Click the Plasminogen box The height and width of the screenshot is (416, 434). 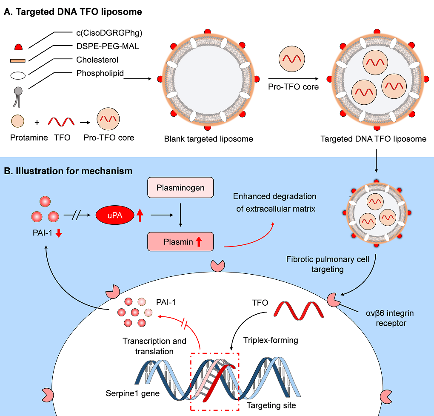[180, 187]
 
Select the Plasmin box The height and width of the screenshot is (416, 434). [180, 241]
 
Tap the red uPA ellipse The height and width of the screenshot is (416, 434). [115, 215]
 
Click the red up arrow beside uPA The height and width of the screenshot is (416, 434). [140, 215]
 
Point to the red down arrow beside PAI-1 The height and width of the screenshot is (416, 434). [59, 233]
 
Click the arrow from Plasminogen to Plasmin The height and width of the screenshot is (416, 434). [180, 215]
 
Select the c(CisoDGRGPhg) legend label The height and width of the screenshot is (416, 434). [109, 33]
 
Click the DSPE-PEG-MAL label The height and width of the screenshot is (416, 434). [107, 46]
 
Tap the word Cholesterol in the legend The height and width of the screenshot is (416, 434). [97, 60]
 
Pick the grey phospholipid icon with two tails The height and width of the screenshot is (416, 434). [18, 97]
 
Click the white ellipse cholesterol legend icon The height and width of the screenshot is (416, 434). [18, 75]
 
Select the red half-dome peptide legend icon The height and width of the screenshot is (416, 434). [19, 47]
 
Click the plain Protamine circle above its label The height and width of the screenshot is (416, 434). [18, 121]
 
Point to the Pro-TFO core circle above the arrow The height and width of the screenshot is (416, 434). [292, 59]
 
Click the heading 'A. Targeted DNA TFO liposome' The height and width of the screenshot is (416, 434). [73, 11]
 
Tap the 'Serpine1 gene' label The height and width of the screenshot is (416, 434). [133, 393]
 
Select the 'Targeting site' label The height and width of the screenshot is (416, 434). [271, 405]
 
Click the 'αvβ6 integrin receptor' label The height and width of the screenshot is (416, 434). [390, 318]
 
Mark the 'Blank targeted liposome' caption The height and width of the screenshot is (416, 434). [208, 139]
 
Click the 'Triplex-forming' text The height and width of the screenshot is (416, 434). [271, 340]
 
